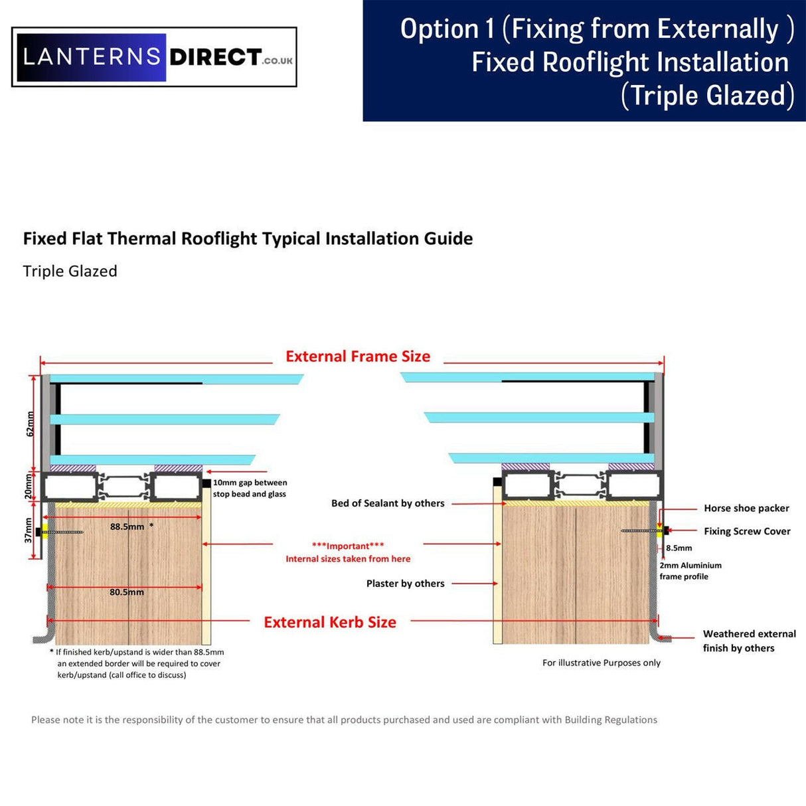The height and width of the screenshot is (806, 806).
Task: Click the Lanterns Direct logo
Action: [x=154, y=57]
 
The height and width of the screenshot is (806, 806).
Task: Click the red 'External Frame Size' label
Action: [x=358, y=357]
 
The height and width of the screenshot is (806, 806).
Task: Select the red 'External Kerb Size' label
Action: [x=330, y=622]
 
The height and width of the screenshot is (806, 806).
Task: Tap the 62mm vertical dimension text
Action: [x=30, y=424]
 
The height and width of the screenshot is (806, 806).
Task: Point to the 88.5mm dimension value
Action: [x=127, y=526]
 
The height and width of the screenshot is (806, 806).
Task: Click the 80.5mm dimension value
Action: [x=127, y=592]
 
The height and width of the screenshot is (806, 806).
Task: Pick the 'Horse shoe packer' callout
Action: [x=746, y=509]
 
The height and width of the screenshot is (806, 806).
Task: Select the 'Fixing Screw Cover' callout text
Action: [x=747, y=531]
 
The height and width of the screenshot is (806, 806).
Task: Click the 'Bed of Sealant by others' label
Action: [x=388, y=503]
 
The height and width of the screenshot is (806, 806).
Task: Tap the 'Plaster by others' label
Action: [x=405, y=584]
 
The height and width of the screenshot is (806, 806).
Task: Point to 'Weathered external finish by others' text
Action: [x=749, y=641]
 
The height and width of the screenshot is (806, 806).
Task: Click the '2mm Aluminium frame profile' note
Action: [x=690, y=571]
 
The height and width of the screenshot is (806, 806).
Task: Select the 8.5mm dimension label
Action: [x=679, y=548]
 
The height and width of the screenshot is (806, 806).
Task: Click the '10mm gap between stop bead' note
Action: [x=250, y=489]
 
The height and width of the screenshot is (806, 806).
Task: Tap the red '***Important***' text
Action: [x=348, y=546]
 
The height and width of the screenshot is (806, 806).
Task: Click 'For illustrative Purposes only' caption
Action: [x=601, y=663]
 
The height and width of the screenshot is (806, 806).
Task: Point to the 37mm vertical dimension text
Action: [x=29, y=530]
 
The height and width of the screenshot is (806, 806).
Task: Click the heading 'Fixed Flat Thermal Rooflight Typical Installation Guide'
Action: [x=248, y=239]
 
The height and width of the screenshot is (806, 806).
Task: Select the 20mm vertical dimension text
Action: [x=29, y=487]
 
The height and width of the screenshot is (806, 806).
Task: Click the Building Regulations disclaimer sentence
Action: [x=344, y=720]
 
